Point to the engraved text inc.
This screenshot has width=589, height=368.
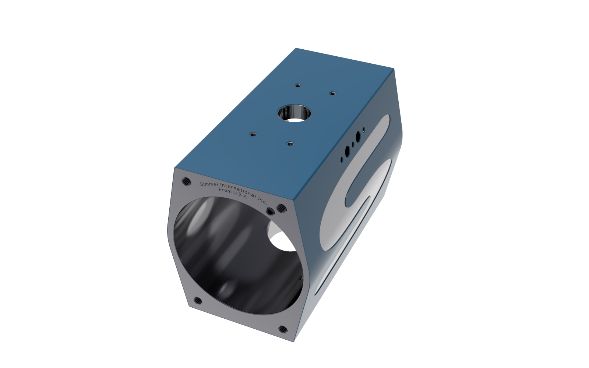[x=262, y=201]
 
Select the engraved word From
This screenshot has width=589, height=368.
[x=225, y=190]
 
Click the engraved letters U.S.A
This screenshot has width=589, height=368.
[x=240, y=195]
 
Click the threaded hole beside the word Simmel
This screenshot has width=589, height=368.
[x=187, y=181]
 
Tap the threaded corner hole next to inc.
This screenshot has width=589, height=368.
[x=282, y=208]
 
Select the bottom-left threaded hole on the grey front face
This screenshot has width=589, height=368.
[x=198, y=300]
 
